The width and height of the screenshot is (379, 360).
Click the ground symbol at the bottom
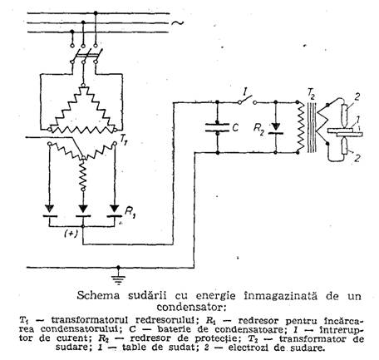click(119, 279)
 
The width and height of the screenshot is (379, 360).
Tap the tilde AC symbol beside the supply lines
click(177, 23)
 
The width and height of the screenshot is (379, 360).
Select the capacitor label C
click(235, 128)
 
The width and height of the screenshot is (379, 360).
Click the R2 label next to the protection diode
click(258, 129)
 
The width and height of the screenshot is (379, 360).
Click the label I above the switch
click(245, 91)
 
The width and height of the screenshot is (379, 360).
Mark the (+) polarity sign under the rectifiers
click(71, 234)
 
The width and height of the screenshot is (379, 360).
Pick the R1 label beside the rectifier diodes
click(130, 212)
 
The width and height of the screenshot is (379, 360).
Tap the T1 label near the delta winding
click(124, 141)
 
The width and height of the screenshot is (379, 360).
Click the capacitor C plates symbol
click(217, 127)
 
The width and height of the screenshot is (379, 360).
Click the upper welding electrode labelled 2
click(345, 115)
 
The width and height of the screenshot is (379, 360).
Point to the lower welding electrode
click(345, 146)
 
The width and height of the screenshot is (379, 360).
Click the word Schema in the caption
click(98, 296)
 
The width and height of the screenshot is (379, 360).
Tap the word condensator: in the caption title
click(191, 307)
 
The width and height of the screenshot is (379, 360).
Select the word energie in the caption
click(215, 296)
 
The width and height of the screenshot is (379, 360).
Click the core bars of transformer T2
click(312, 127)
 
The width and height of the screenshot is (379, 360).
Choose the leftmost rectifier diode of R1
click(50, 211)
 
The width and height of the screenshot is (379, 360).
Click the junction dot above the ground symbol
click(119, 268)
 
